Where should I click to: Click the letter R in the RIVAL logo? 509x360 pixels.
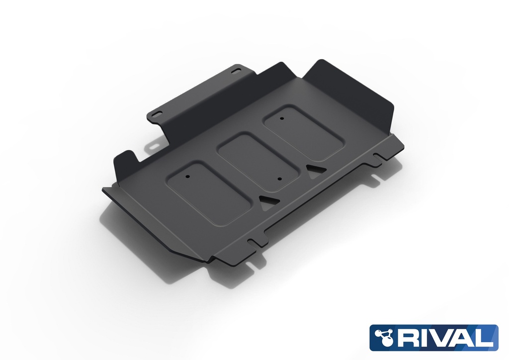click(x=405, y=338)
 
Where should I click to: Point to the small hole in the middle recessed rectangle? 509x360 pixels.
click(x=280, y=179)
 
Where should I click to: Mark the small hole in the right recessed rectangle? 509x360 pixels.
click(x=281, y=118)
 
